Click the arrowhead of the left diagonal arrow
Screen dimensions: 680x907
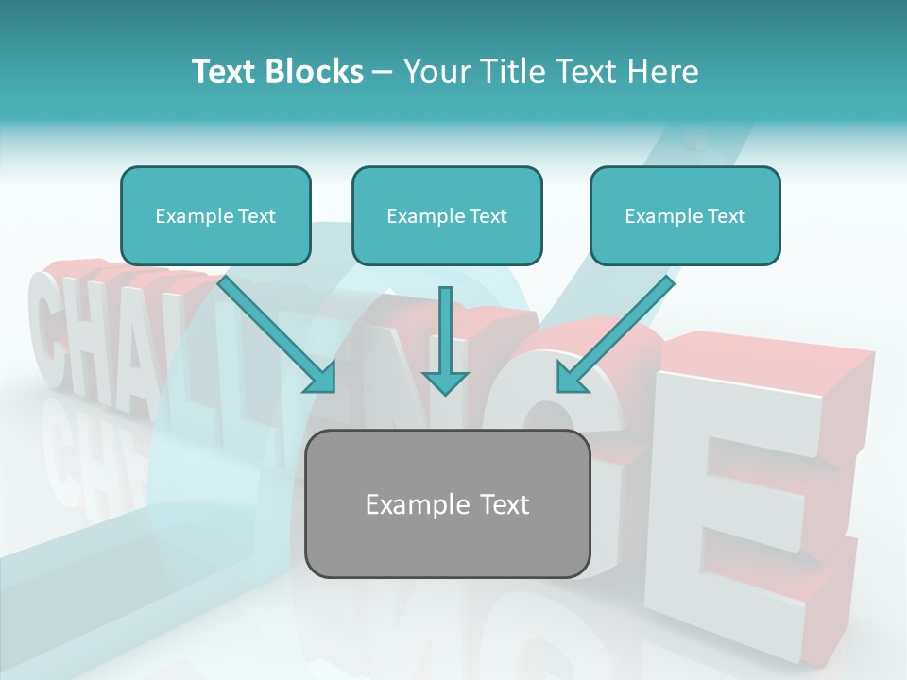pos(321,378)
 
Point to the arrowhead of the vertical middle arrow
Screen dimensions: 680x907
pos(445,382)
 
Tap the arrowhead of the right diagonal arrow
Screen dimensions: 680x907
pos(571,378)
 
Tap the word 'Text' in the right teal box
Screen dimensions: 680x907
pos(726,216)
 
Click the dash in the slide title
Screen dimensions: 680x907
pos(383,72)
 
